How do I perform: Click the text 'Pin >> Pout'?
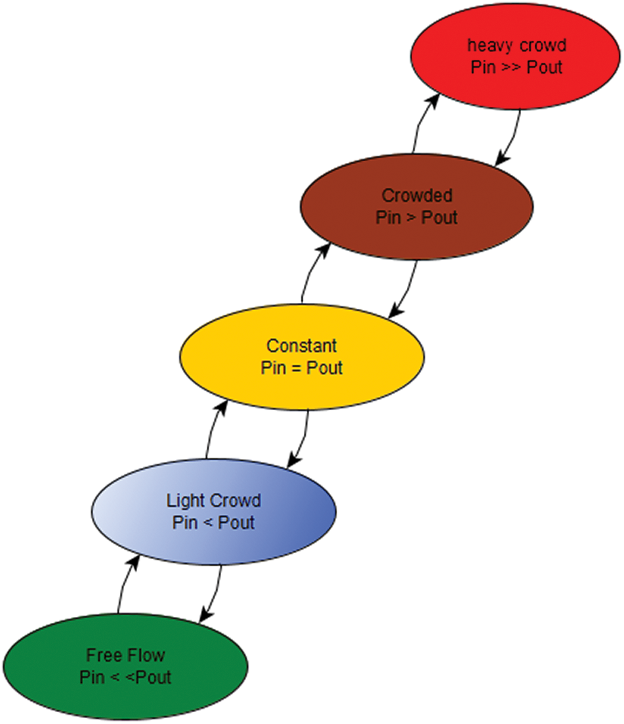coord(516,67)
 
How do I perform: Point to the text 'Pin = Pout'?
coord(301,368)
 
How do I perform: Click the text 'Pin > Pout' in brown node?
coord(417,217)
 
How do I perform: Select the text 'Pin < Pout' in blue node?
coord(213,523)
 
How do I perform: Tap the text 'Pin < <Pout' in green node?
coord(126,677)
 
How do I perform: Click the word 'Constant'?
coord(301,346)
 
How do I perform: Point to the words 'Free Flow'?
coord(125,655)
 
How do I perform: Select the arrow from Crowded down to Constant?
coord(407,289)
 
